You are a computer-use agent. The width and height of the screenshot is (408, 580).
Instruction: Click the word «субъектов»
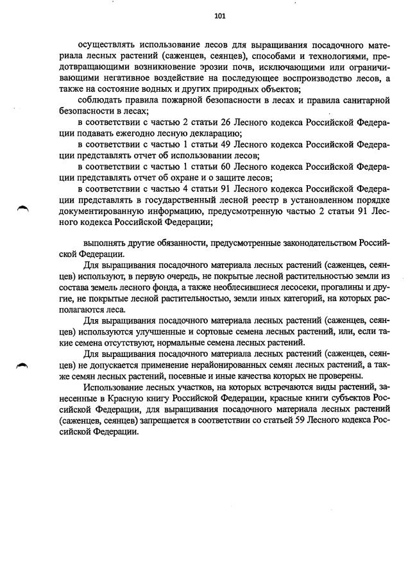(x=348, y=398)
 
